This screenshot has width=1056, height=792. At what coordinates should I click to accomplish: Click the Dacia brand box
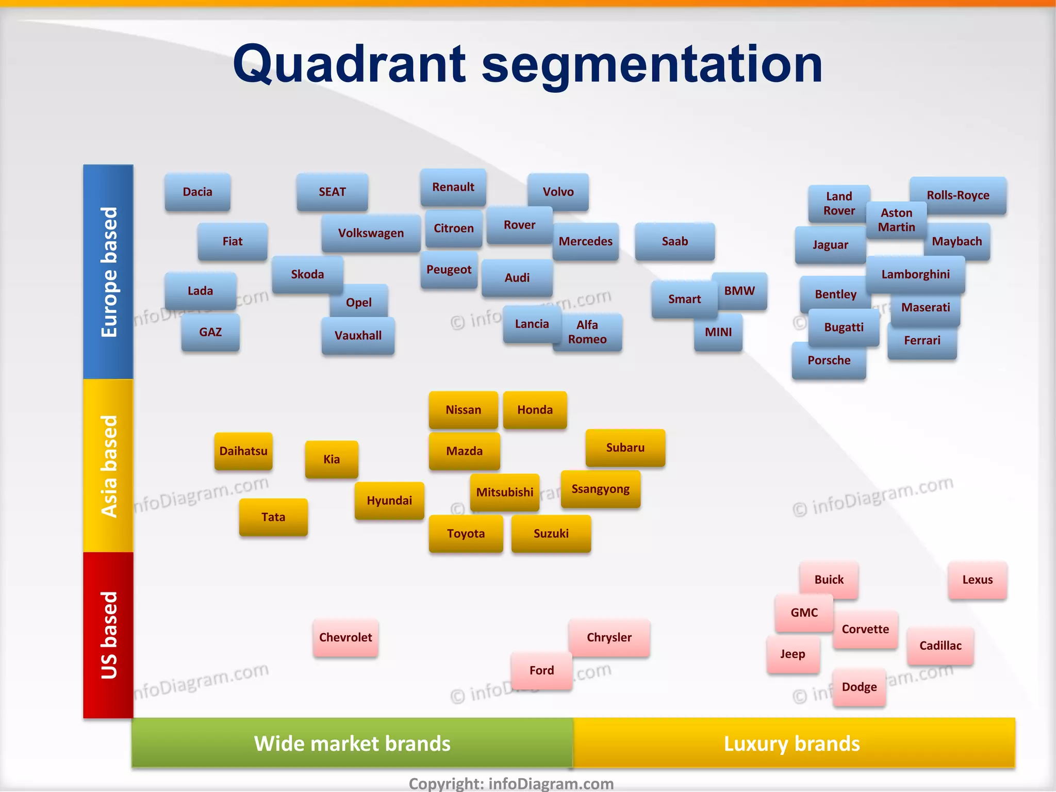tap(197, 192)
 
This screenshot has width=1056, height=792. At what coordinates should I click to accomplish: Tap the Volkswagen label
tap(371, 233)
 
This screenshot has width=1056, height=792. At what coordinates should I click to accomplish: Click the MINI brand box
tap(718, 333)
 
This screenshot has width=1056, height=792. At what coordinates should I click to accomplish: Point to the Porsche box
tap(829, 361)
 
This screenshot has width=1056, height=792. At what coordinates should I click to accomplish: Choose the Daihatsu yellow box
tap(243, 451)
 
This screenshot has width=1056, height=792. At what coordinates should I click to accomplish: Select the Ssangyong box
tap(601, 489)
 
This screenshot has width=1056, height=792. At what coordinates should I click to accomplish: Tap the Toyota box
tap(466, 534)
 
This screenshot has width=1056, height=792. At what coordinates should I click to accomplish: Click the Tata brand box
tap(273, 517)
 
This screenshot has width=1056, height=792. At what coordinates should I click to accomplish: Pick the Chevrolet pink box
tap(345, 638)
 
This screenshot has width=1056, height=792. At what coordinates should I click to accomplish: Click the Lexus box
tap(977, 580)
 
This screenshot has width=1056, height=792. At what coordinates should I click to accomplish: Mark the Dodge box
tap(859, 687)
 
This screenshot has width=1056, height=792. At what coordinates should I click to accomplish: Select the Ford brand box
tap(541, 671)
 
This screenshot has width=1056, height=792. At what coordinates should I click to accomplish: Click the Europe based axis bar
tap(108, 272)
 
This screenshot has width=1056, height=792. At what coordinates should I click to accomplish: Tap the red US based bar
tap(108, 635)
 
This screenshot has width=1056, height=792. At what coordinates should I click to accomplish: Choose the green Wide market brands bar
tap(352, 744)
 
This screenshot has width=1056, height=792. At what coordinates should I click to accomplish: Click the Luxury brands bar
tap(793, 744)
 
